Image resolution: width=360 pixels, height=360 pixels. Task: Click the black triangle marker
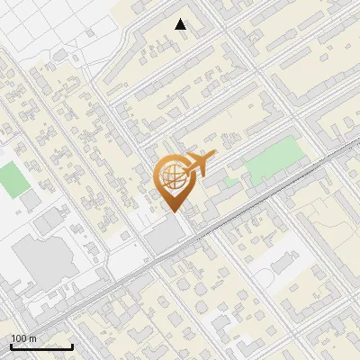pyautogui.click(x=181, y=24)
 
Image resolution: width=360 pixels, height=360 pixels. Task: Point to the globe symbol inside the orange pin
pyautogui.click(x=172, y=175)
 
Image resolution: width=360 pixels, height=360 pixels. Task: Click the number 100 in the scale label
pyautogui.click(x=19, y=338)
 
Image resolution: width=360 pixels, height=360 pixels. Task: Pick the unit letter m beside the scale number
pyautogui.click(x=32, y=338)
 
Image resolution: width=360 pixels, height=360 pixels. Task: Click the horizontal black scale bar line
pyautogui.click(x=41, y=346)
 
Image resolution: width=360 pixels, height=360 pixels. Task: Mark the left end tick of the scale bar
pyautogui.click(x=11, y=345)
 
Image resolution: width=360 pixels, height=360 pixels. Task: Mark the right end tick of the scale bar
pyautogui.click(x=72, y=345)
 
